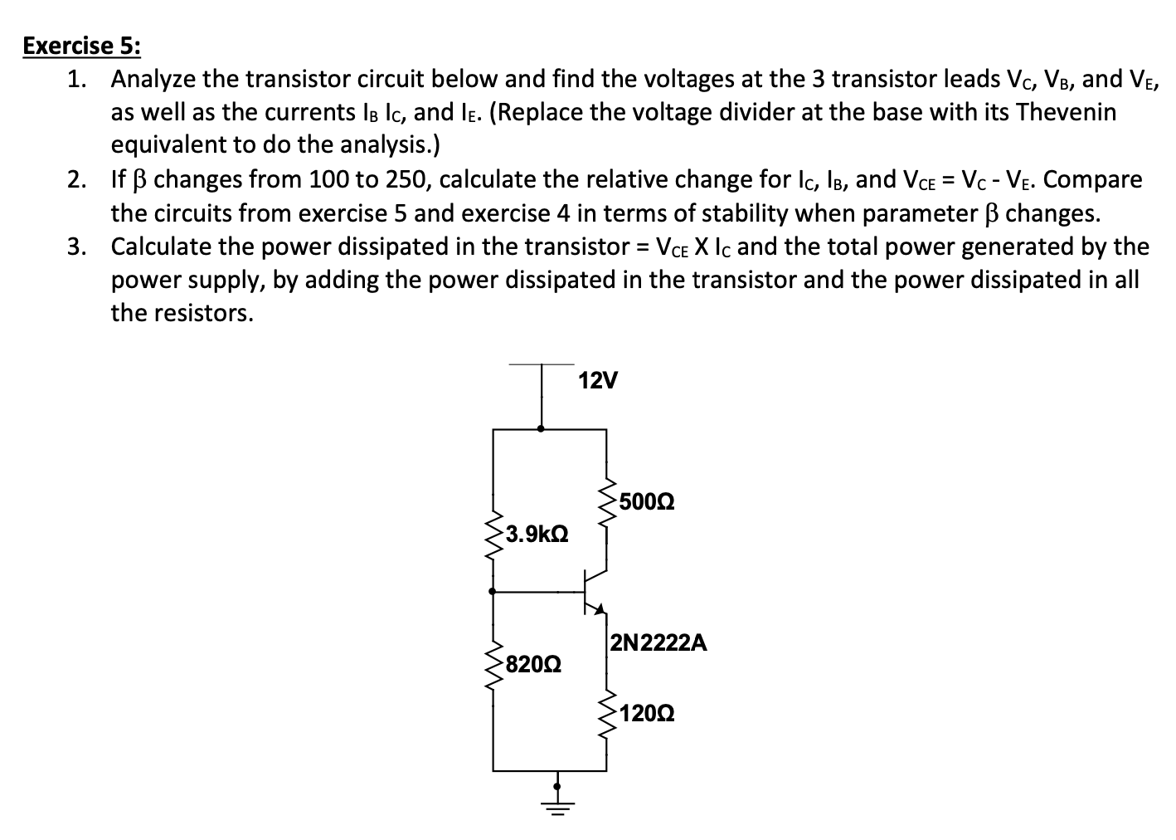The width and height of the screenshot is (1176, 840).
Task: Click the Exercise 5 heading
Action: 81,45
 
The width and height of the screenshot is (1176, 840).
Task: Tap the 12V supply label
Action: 597,381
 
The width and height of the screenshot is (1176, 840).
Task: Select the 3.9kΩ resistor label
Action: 537,533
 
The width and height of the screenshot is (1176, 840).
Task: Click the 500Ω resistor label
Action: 646,501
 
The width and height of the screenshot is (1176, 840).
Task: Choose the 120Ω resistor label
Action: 647,713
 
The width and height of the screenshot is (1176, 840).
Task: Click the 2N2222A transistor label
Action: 658,642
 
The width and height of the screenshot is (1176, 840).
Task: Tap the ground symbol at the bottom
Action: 557,804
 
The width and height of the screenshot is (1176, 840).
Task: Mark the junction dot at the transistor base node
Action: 493,592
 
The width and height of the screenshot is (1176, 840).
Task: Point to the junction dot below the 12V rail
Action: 542,429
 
